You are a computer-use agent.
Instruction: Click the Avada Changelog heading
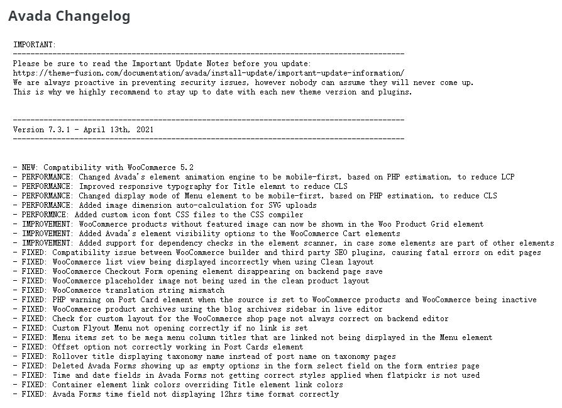coord(69,16)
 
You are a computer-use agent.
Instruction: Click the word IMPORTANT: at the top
coord(35,45)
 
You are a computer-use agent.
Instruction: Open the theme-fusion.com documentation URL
coord(208,73)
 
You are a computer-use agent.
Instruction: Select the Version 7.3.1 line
coord(83,130)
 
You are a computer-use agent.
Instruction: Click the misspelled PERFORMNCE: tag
coord(45,215)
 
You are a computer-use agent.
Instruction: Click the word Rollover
coord(70,356)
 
